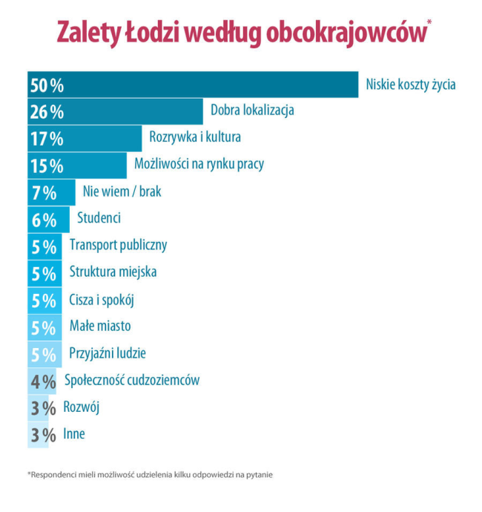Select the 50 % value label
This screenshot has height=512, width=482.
47,85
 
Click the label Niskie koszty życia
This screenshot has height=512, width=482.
411,85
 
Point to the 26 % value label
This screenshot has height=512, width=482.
47,112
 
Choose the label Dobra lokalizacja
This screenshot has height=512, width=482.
252,111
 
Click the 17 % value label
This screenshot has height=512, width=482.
47,139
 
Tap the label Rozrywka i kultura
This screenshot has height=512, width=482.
195,137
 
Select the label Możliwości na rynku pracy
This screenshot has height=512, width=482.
199,164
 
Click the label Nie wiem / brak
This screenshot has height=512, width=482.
122,191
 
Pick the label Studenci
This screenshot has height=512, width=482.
99,218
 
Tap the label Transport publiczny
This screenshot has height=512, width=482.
118,245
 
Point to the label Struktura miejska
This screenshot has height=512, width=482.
113,272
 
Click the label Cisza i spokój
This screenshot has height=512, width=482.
102,300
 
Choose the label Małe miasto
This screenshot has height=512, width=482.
100,326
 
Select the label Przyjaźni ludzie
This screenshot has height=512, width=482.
108,353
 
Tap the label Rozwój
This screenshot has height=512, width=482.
82,407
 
